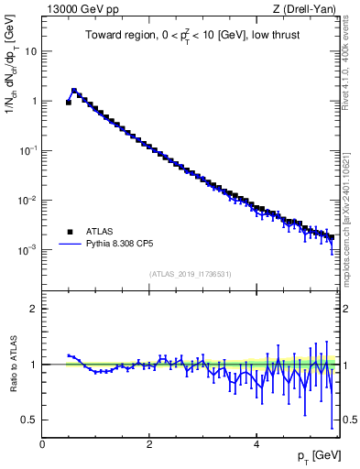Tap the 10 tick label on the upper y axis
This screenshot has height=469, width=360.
[31, 51]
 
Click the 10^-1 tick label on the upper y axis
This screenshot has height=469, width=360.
[28, 149]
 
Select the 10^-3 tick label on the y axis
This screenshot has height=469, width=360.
[28, 248]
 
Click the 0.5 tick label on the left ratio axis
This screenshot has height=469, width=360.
[31, 420]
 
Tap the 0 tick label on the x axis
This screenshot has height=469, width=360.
[42, 443]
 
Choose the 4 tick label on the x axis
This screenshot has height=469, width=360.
[256, 443]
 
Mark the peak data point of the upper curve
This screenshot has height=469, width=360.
[74, 91]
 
